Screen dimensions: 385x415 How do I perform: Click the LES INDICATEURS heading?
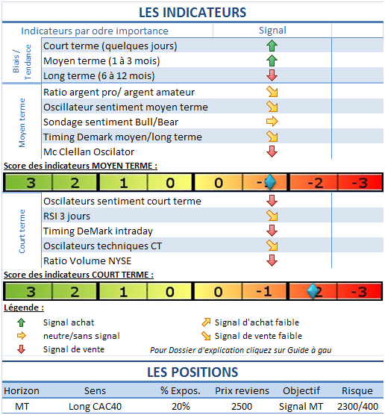pyautogui.click(x=192, y=12)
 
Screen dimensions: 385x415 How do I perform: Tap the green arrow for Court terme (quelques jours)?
pyautogui.click(x=272, y=46)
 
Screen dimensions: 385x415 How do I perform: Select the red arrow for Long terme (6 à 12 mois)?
pyautogui.click(x=272, y=75)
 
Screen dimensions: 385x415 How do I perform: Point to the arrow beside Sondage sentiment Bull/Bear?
pyautogui.click(x=272, y=122)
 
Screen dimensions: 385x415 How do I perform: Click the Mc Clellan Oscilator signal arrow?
pyautogui.click(x=272, y=152)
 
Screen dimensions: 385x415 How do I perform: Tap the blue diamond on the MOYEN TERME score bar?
pyautogui.click(x=270, y=182)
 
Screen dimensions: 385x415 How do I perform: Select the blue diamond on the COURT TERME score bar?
pyautogui.click(x=315, y=291)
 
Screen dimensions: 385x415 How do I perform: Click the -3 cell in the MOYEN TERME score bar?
pyautogui.click(x=360, y=183)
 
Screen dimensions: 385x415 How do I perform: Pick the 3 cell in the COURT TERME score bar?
pyautogui.click(x=30, y=291)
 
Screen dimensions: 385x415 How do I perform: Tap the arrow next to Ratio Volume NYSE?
pyautogui.click(x=272, y=260)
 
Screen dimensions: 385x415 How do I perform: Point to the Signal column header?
pyautogui.click(x=272, y=31)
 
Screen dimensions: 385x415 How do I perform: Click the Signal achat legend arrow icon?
pyautogui.click(x=21, y=322)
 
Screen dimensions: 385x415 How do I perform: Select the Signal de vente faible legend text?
pyautogui.click(x=258, y=336)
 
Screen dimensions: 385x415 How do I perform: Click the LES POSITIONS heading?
pyautogui.click(x=192, y=372)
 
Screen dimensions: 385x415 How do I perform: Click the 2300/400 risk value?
pyautogui.click(x=356, y=405)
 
